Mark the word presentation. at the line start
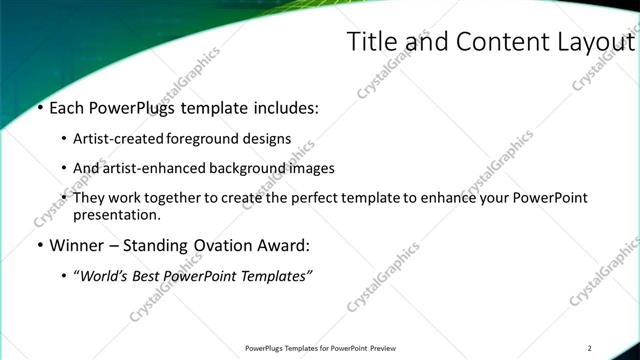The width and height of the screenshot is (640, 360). pos(116,215)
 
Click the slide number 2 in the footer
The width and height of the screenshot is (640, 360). pos(590,348)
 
